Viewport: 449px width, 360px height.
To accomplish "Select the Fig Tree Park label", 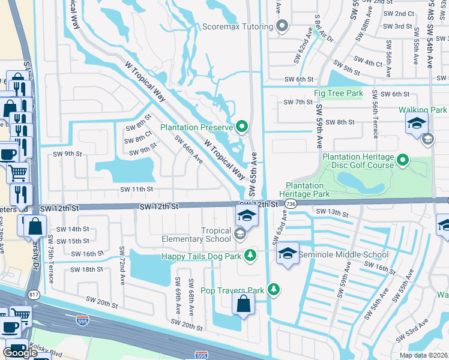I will point(339,94).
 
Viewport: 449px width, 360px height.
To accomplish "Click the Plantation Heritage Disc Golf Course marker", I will point(403,160).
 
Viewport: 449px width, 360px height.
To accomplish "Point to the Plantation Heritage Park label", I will point(308,190).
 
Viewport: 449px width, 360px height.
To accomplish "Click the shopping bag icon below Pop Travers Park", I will point(243,304).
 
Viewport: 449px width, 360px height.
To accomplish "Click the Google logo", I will point(20,353).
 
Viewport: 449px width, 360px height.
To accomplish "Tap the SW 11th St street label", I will point(137,189).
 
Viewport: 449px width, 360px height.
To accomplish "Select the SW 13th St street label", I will point(332,212).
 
